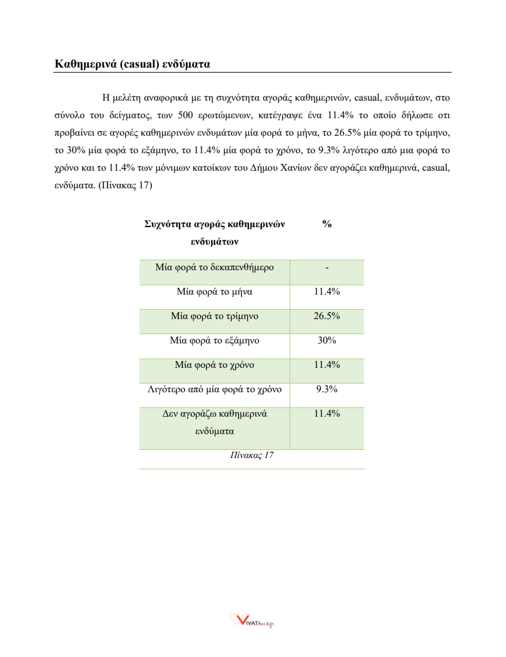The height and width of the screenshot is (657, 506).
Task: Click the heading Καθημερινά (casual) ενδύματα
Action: (132, 64)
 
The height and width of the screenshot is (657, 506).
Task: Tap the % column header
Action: (326, 225)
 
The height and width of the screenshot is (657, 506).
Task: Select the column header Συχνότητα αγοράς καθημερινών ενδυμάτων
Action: (215, 232)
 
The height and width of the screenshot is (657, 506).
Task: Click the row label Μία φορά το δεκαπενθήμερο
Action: (215, 267)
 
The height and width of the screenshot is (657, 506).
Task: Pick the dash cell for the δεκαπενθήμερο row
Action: (326, 268)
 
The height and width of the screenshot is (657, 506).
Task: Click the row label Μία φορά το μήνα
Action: (215, 292)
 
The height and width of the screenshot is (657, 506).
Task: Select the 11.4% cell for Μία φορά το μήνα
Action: (326, 292)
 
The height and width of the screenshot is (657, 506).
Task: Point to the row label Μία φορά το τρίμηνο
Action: (215, 316)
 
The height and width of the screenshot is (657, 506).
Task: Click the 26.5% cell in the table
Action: (326, 316)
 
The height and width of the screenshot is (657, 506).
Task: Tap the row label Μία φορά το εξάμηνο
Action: (215, 340)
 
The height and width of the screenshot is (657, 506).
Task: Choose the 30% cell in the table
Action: (326, 340)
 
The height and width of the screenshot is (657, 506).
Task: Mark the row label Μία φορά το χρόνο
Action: (215, 365)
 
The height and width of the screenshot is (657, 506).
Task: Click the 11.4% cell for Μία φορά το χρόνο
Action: (326, 365)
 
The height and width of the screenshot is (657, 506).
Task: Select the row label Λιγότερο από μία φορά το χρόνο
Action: (215, 389)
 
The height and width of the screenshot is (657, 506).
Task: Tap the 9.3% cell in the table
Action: (326, 389)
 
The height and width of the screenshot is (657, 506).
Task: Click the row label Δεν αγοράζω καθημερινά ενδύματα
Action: (215, 422)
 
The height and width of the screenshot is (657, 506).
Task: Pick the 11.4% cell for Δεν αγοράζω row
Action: (326, 414)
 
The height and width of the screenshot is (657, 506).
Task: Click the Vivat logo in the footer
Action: (253, 621)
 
